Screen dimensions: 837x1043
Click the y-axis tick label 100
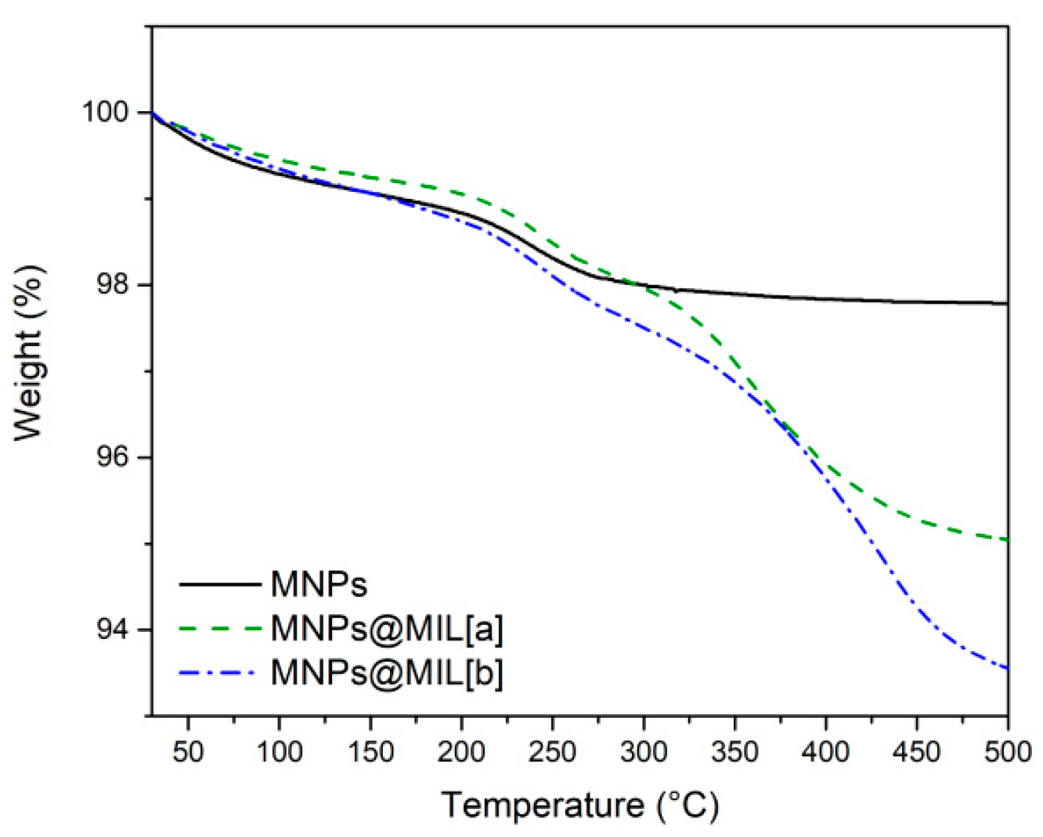[106, 113]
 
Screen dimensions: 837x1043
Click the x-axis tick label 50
[188, 752]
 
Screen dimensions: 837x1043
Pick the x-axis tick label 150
[370, 752]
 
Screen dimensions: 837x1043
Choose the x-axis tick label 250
[553, 752]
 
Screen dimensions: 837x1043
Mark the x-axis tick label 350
[734, 752]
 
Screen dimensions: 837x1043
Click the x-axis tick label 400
[826, 752]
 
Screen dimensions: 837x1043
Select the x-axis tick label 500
[1007, 752]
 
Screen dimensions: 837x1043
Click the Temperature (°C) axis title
[579, 805]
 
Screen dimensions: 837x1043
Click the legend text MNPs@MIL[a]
[387, 628]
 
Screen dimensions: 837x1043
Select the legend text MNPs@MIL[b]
[387, 673]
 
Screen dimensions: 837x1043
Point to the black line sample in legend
[219, 584]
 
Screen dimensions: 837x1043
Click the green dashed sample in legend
[219, 628]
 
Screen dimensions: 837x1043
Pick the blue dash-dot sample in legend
[219, 673]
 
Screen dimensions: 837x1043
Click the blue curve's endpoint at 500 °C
[1007, 668]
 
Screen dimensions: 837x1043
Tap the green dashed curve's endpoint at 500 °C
[1007, 539]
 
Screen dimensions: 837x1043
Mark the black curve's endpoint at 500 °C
[1007, 303]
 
